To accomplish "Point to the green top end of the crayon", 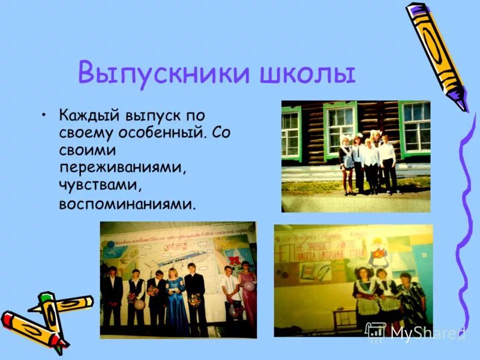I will point(45,298).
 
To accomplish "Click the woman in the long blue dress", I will point(176,300).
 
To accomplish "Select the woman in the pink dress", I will point(247,294).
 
